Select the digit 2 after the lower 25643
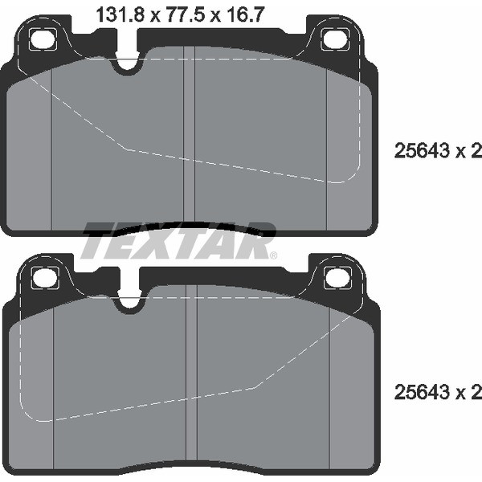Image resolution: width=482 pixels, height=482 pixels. (476, 393)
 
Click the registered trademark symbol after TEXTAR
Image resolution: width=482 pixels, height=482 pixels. (273, 255)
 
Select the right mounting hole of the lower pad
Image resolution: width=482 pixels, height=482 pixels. (337, 277)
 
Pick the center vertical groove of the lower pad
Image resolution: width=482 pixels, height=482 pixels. (191, 378)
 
